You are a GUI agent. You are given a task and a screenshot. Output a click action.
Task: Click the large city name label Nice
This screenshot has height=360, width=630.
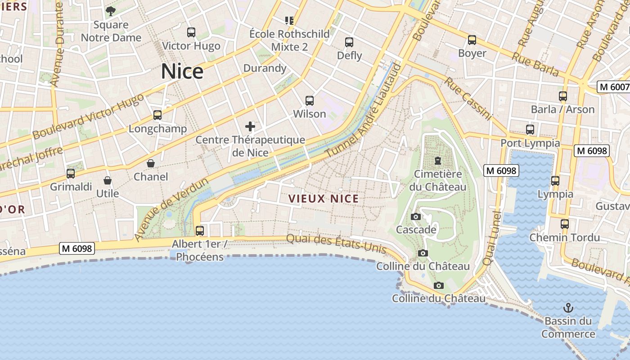click(x=182, y=72)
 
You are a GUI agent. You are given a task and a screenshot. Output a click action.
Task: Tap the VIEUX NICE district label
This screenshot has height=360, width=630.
click(x=324, y=199)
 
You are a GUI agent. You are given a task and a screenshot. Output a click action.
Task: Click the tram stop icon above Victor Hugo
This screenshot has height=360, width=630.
click(x=191, y=32)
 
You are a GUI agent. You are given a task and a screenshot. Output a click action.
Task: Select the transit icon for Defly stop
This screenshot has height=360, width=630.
click(x=349, y=42)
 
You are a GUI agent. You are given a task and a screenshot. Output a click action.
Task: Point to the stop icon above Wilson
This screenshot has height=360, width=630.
click(x=310, y=101)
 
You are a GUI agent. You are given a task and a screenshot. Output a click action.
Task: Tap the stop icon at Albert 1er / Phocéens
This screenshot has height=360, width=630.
click(x=200, y=231)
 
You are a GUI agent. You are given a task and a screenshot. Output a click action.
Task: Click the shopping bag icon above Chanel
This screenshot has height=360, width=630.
click(x=151, y=163)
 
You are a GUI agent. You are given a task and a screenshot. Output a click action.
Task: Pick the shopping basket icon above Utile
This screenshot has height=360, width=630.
click(x=108, y=180)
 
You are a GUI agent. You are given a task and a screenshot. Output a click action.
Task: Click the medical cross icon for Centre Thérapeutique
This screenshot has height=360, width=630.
click(x=250, y=126)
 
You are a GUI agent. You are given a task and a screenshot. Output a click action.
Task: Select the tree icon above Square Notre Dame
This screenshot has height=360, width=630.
click(x=111, y=11)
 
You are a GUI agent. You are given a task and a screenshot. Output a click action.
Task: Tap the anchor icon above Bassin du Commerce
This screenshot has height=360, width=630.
click(x=569, y=308)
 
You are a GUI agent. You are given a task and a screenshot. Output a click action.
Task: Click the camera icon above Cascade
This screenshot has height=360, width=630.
click(x=416, y=217)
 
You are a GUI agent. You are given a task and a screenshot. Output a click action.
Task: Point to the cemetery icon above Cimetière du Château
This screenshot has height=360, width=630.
click(x=437, y=161)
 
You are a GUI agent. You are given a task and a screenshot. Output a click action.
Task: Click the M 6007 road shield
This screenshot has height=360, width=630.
click(x=613, y=87)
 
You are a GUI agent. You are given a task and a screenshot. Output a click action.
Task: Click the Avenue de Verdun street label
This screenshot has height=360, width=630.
click(x=171, y=209)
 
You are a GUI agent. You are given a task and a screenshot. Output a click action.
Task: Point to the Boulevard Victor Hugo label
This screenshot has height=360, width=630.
click(x=89, y=116)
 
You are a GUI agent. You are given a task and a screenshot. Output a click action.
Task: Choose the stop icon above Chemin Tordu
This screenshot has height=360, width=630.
click(x=565, y=224)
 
